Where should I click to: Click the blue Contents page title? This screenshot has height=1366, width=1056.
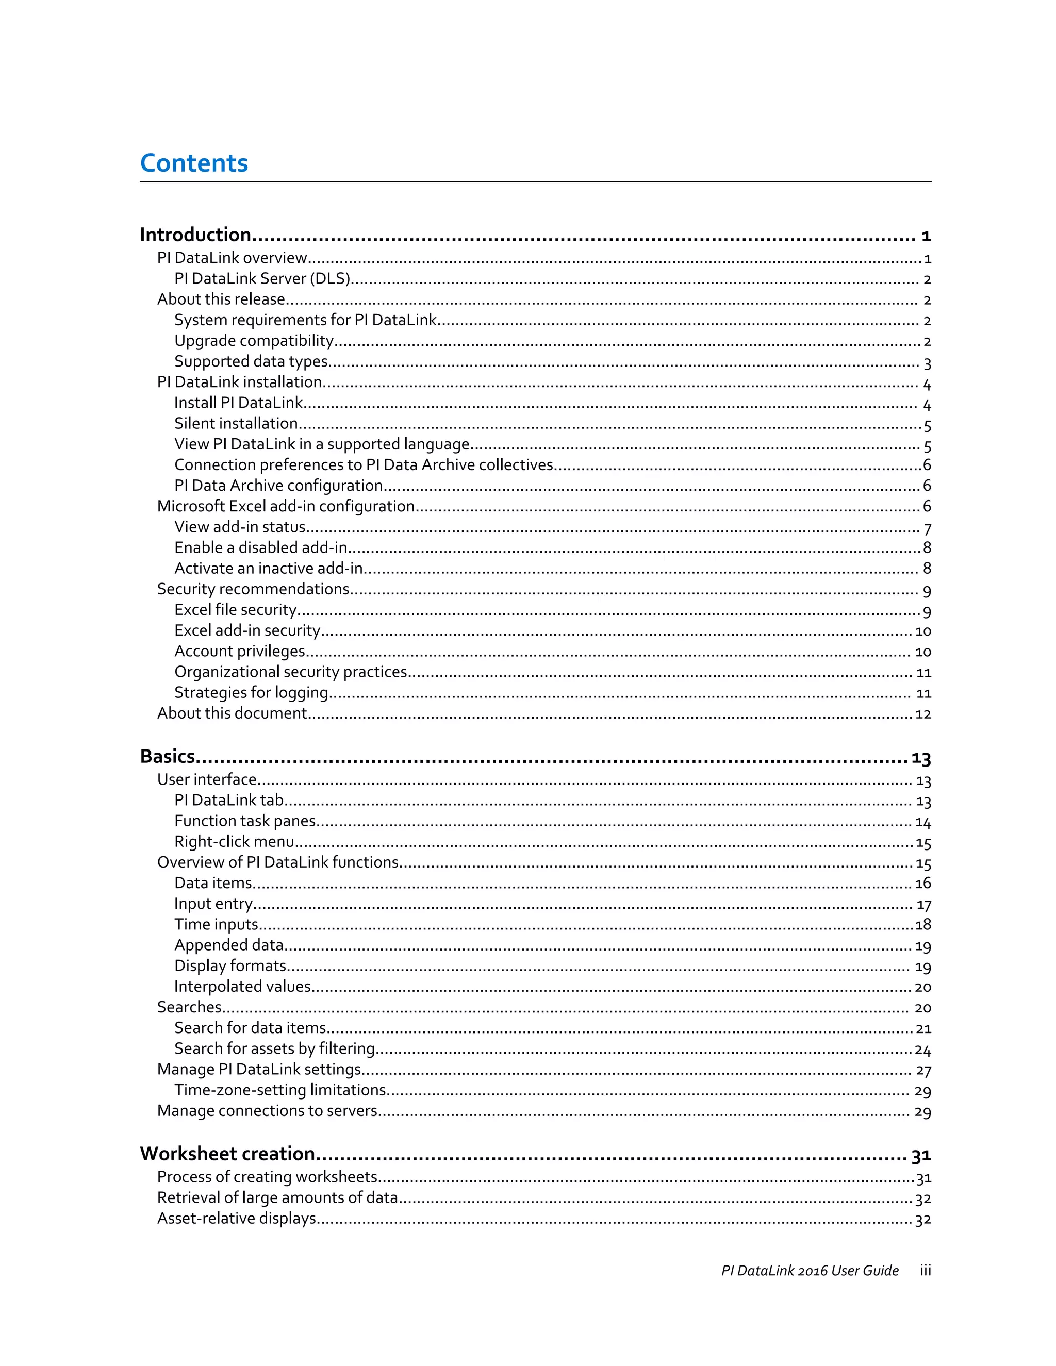194,163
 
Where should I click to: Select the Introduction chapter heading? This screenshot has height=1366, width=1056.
195,235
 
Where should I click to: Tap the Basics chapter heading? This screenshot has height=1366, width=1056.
168,757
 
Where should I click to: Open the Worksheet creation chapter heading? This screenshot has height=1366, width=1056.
227,1154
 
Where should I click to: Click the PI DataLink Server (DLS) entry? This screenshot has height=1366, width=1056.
262,279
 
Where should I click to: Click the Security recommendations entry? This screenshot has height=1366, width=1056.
253,590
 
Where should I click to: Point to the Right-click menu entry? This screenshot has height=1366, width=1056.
234,842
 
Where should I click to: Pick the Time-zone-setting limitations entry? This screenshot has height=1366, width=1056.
279,1091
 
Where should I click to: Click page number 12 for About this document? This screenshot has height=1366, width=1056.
923,714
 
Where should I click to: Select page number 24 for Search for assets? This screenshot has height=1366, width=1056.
923,1050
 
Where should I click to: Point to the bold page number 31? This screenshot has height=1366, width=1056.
921,1155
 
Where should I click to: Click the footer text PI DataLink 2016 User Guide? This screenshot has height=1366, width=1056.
810,1271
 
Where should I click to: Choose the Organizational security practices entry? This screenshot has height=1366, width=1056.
291,672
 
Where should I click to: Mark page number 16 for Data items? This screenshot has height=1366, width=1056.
923,884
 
